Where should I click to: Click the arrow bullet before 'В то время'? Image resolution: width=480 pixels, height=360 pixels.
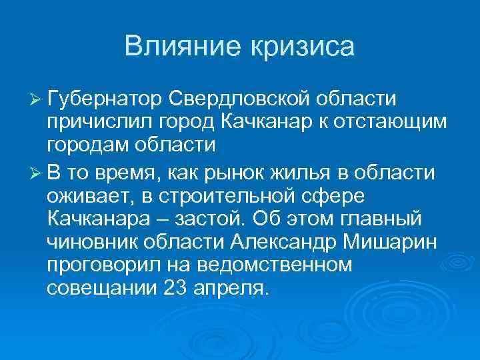(36, 173)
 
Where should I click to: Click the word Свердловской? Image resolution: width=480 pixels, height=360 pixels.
(238, 99)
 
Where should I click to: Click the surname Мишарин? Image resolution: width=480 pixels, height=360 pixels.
(392, 243)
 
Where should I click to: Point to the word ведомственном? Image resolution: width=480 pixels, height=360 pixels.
(278, 267)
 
